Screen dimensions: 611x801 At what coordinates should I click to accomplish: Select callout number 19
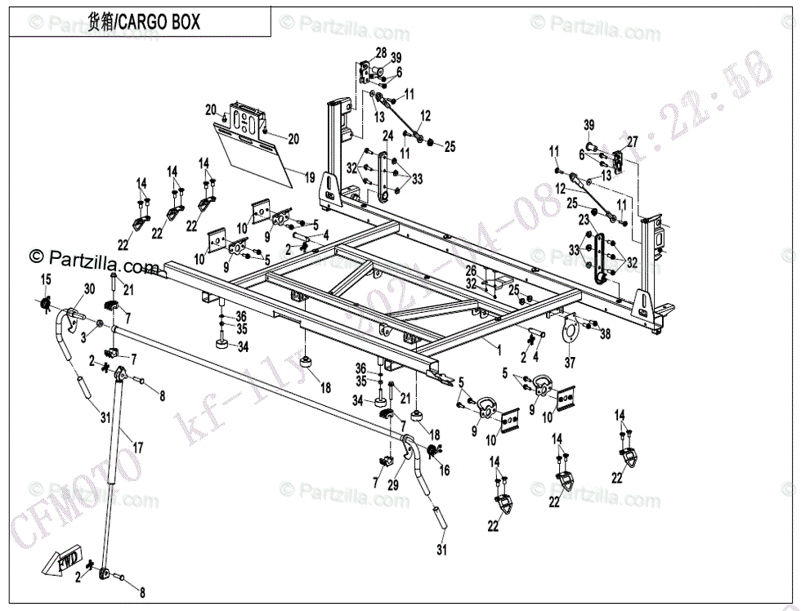click(x=310, y=176)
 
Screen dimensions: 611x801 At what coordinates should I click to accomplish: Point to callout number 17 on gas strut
click(x=138, y=448)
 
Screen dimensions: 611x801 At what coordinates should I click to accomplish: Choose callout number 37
click(x=569, y=362)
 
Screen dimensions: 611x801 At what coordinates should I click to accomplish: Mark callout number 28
click(x=381, y=53)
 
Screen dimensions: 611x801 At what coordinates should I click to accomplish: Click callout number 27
click(x=630, y=141)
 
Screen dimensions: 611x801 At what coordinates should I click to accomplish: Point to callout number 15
click(x=46, y=280)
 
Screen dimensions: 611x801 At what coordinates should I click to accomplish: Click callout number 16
click(x=445, y=471)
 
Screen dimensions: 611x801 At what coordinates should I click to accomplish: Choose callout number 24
click(x=388, y=135)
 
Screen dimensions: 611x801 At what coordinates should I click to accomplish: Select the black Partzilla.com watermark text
click(x=94, y=261)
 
